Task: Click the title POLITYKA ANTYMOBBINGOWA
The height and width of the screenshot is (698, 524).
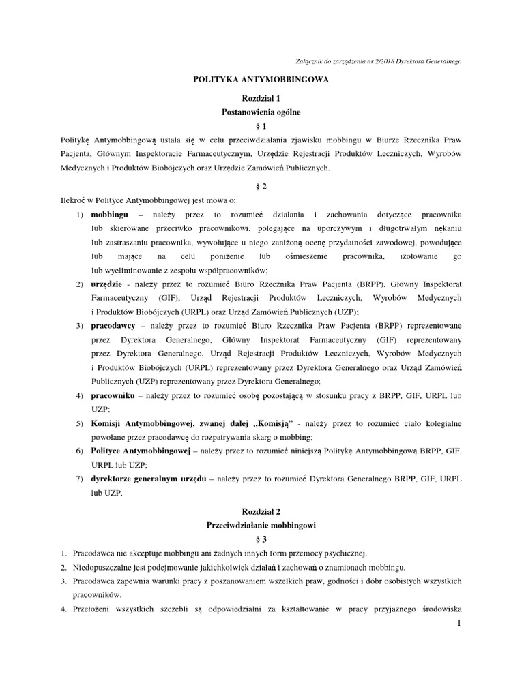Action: click(x=263, y=80)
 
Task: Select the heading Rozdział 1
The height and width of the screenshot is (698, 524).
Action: click(x=261, y=98)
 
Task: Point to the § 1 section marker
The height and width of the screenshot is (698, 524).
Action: click(x=262, y=126)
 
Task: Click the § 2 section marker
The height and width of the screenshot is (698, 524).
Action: click(x=262, y=186)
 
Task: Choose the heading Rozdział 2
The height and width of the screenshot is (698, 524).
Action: click(x=261, y=511)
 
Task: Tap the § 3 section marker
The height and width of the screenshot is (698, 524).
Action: click(x=262, y=539)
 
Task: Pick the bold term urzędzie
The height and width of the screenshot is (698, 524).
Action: click(x=108, y=284)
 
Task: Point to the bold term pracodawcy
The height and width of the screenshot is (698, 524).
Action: click(x=113, y=326)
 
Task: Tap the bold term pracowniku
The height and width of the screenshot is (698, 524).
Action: click(x=113, y=395)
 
